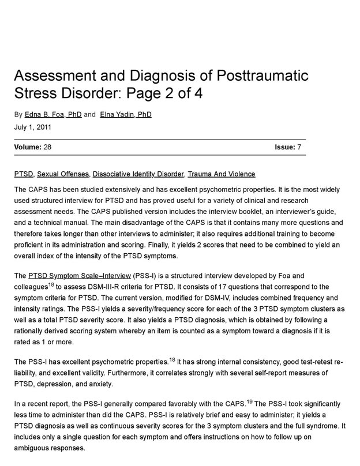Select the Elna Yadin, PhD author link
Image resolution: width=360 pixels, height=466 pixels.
pos(126,115)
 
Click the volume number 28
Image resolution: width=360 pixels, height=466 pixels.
pos(47,148)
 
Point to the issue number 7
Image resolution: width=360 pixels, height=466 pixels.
pos(299,148)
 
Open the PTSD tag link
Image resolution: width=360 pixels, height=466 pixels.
pos(23,174)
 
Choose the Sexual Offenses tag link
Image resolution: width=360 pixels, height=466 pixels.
pos(63,174)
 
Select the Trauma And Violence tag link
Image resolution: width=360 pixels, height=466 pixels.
pos(222,174)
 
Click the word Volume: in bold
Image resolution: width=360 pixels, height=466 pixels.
pos(27,148)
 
